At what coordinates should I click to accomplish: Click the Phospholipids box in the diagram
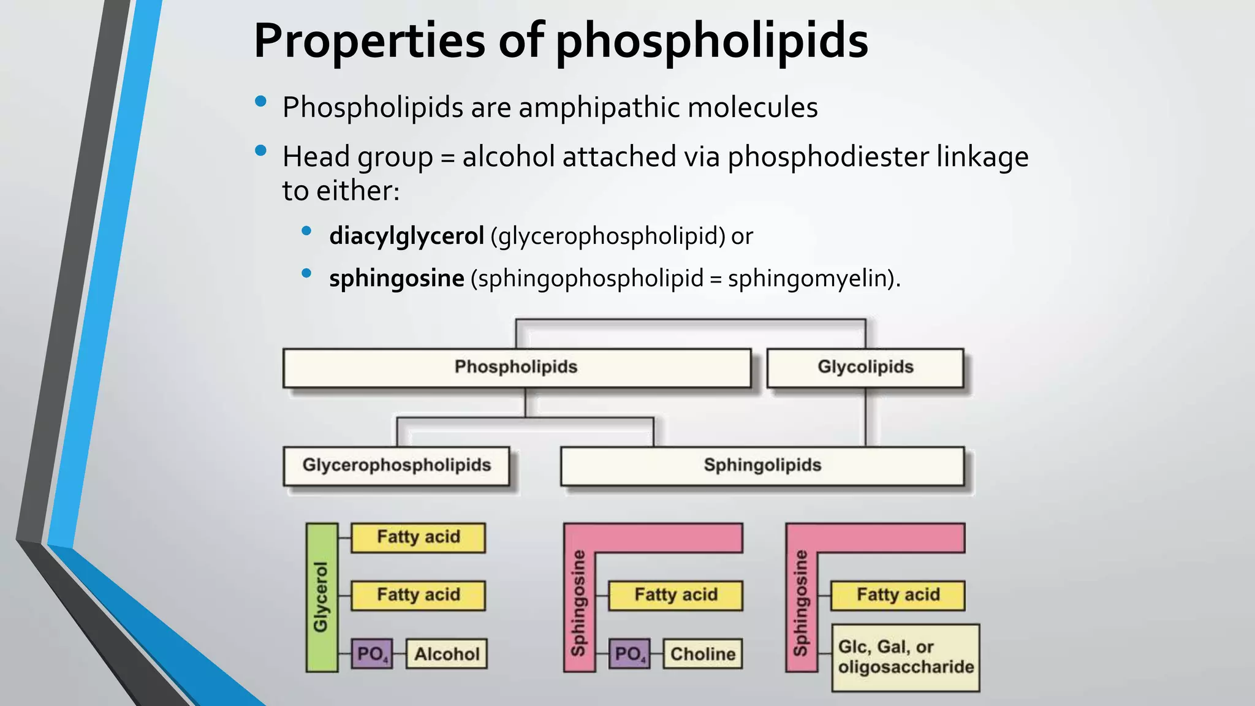(x=516, y=368)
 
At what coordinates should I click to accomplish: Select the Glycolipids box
(x=865, y=368)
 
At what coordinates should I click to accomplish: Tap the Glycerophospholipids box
(x=396, y=466)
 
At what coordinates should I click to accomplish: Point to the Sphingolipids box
(x=762, y=466)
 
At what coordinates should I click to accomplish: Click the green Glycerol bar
(x=322, y=597)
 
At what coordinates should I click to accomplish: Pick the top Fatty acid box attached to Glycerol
(x=418, y=537)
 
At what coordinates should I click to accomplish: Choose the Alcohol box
(x=447, y=654)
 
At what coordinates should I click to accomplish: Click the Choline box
(x=702, y=654)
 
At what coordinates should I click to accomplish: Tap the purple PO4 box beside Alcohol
(x=372, y=654)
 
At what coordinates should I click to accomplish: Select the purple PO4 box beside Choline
(x=629, y=654)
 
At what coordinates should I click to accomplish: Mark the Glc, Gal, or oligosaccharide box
(x=905, y=658)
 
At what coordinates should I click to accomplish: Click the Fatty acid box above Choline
(x=675, y=595)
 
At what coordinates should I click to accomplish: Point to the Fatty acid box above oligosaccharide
(x=898, y=595)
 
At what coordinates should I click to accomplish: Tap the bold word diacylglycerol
(x=406, y=236)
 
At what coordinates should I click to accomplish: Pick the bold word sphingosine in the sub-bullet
(x=396, y=279)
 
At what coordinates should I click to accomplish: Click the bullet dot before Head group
(x=261, y=150)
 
